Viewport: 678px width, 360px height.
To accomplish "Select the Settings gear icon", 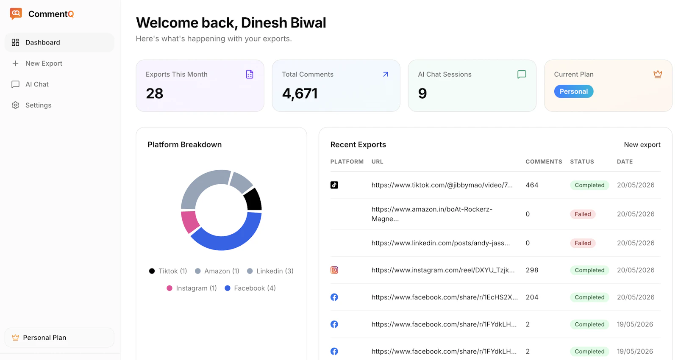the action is [x=15, y=105].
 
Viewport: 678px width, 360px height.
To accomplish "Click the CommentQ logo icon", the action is [x=16, y=14].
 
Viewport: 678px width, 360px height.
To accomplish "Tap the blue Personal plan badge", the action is [x=574, y=91].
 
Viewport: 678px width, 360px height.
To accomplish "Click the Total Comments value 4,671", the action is [x=300, y=93].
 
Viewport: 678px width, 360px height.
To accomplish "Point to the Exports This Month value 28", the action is [x=154, y=93].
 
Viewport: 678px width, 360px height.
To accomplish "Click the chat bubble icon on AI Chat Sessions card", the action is [x=522, y=75].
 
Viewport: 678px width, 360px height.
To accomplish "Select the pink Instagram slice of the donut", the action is [x=189, y=222].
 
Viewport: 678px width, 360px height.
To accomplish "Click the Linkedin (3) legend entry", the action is [x=270, y=271].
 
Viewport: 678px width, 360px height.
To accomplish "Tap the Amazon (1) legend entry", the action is [x=217, y=271].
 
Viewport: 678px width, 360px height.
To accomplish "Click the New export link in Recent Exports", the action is [x=642, y=144].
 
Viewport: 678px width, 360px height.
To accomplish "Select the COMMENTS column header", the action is [x=544, y=161].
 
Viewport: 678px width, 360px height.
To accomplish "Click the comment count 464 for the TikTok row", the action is [x=532, y=185].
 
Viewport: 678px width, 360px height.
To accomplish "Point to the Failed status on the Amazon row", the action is [x=583, y=214].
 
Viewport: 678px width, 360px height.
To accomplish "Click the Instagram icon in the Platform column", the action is [x=334, y=270].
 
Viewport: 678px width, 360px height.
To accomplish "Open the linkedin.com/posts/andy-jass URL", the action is [x=441, y=243].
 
